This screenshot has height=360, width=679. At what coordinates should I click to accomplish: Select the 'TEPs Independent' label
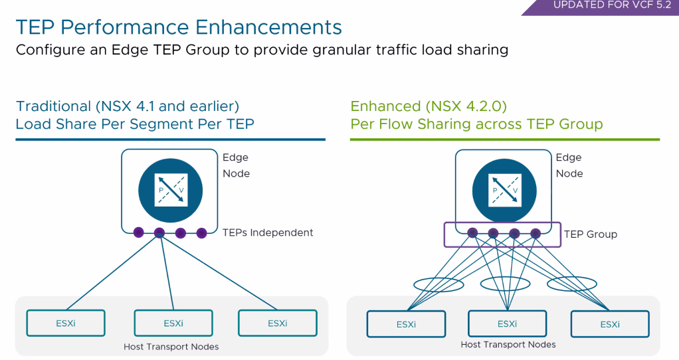[x=268, y=232]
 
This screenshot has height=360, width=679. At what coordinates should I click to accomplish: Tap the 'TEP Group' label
[x=590, y=234]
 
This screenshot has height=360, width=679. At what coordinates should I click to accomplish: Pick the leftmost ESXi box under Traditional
[x=66, y=323]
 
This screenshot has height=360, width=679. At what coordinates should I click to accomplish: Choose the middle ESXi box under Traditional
[x=173, y=323]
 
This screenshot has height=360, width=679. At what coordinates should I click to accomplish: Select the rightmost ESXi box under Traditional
[x=277, y=323]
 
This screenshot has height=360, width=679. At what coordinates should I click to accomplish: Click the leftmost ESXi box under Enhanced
[x=406, y=324]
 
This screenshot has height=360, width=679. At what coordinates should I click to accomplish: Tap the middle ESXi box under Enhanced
[x=508, y=324]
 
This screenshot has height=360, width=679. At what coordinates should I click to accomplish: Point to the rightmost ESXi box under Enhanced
[x=609, y=324]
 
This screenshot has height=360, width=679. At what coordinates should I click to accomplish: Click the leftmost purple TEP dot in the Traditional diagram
[x=138, y=232]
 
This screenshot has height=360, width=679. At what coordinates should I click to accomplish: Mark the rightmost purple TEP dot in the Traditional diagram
[x=201, y=232]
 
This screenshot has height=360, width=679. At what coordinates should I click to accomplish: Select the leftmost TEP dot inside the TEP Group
[x=472, y=233]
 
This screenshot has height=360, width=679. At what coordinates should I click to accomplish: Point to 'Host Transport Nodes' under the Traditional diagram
[x=171, y=347]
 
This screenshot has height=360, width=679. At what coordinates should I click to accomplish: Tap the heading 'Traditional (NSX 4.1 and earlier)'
[x=128, y=106]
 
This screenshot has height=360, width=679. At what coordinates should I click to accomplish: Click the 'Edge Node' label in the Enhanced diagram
[x=569, y=165]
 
